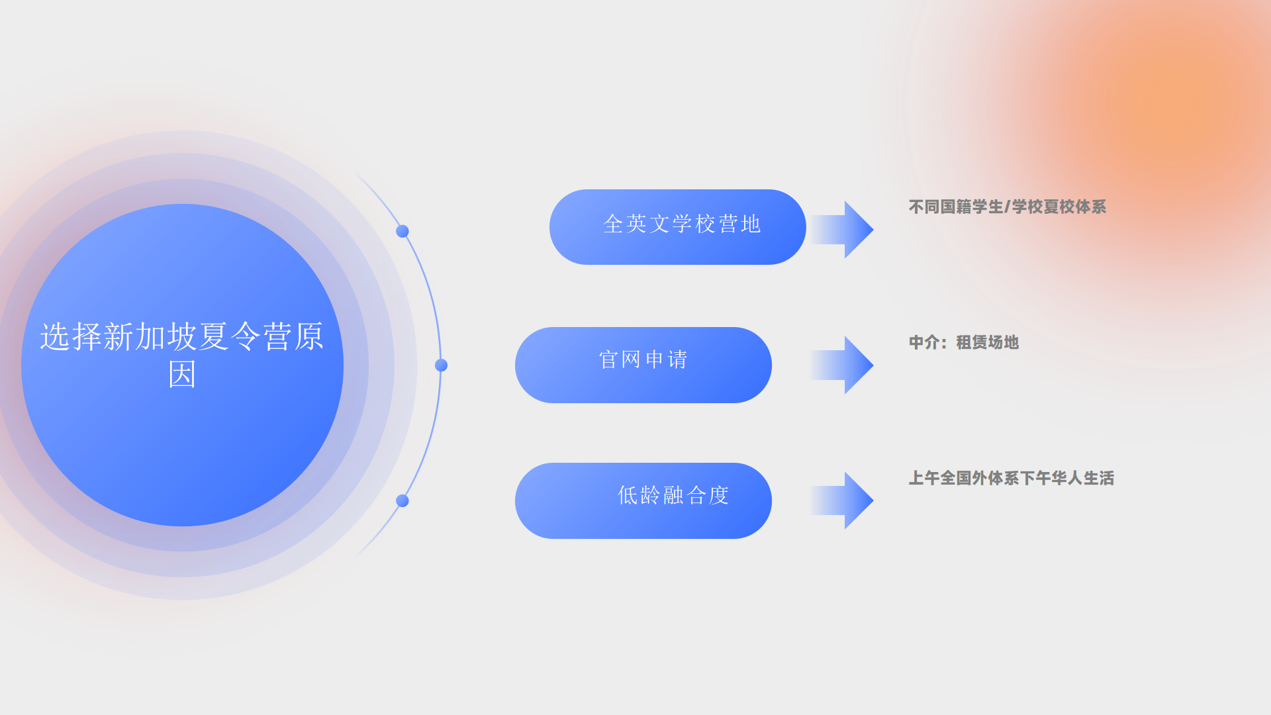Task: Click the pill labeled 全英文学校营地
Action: [677, 227]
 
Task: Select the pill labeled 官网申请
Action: [643, 365]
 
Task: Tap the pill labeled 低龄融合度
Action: [643, 501]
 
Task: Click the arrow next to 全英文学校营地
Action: [843, 230]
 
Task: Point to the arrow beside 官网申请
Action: [843, 365]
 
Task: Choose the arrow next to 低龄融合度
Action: [843, 501]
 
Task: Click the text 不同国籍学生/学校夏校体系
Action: [1008, 207]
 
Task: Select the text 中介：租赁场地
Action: [964, 342]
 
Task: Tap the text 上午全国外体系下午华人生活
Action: [1012, 478]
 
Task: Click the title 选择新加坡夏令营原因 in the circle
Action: [182, 356]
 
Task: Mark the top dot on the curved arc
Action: [402, 231]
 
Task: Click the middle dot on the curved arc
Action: [441, 365]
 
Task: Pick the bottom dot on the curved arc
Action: [402, 501]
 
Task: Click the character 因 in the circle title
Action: [182, 375]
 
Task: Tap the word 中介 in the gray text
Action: [924, 342]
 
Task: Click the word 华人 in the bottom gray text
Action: [1067, 478]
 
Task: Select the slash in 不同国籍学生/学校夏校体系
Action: [1008, 207]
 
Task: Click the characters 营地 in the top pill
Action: [739, 224]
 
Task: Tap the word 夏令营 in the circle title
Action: [246, 337]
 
